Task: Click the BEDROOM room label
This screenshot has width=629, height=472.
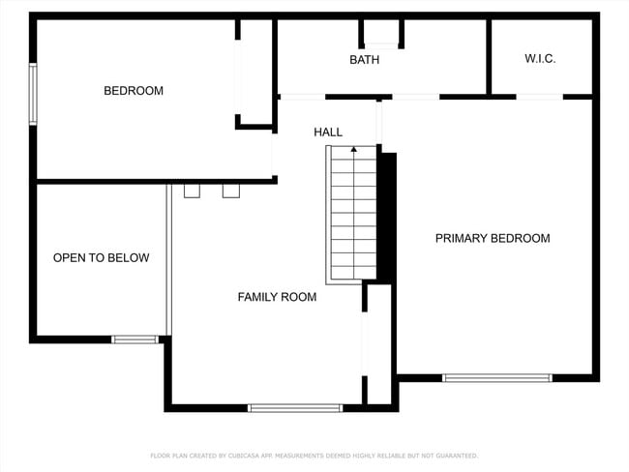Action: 134,91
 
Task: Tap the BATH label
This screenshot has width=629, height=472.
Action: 365,60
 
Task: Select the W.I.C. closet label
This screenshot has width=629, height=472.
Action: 540,59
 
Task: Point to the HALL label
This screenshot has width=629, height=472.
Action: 328,132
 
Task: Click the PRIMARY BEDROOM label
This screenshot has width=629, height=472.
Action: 492,239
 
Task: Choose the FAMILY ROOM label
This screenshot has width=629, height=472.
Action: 277,297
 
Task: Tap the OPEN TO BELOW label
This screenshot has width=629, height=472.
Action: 101,258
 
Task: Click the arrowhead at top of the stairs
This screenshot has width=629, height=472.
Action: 353,149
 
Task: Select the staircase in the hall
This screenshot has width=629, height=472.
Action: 352,215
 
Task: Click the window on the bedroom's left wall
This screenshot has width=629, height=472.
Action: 33,94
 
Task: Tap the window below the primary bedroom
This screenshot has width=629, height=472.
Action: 497,377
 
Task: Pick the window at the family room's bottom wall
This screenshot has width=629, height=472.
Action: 295,408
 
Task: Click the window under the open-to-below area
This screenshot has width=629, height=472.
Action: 135,339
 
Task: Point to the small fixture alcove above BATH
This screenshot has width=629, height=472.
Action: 381,33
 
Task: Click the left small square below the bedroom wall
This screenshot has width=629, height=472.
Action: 192,191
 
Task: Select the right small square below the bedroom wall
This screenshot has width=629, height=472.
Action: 230,191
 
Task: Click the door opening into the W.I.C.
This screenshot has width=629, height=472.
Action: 539,97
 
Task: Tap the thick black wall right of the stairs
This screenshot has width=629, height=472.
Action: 386,215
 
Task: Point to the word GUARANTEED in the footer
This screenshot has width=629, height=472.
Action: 455,456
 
